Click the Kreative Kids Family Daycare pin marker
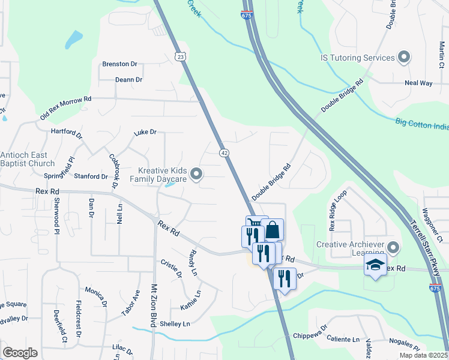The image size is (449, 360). point(196,175)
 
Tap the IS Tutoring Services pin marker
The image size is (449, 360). point(404,58)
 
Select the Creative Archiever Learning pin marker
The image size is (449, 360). point(393,247)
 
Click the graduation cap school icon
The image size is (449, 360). point(376,266)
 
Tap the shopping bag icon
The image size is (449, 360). point(272,230)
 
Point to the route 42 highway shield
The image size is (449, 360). point(223,153)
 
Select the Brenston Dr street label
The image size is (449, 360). point(120,64)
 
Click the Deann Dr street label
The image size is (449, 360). point(128,79)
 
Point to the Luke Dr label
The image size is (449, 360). point(145,132)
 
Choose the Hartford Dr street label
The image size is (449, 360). point(66,130)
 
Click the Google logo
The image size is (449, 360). point(20,352)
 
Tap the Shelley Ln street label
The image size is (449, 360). point(175,324)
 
